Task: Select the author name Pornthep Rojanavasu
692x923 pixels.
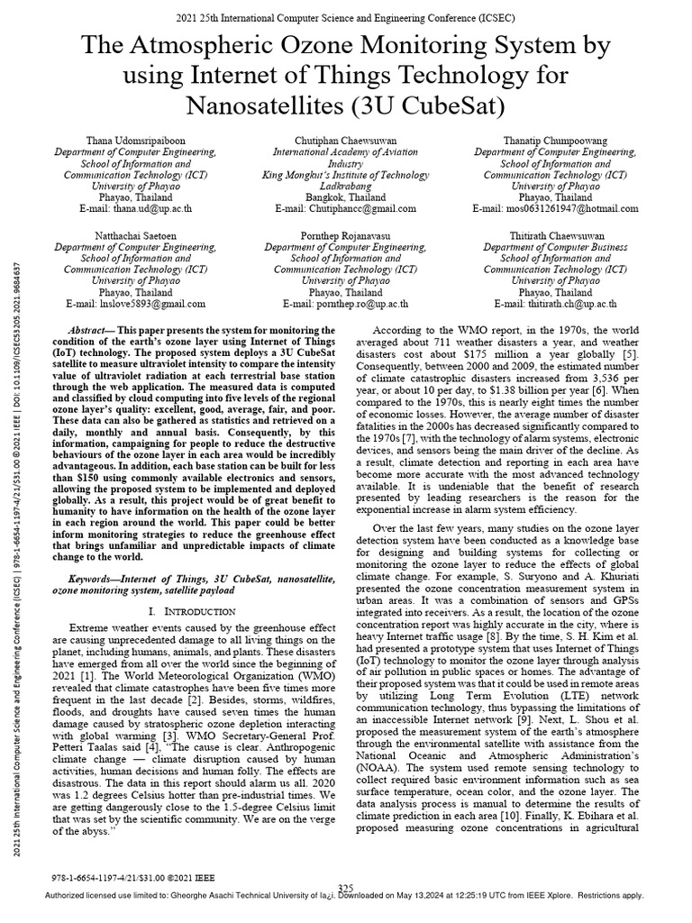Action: tap(345, 233)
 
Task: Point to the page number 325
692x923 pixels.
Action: tap(345, 888)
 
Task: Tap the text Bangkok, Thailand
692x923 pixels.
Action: tap(345, 196)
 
